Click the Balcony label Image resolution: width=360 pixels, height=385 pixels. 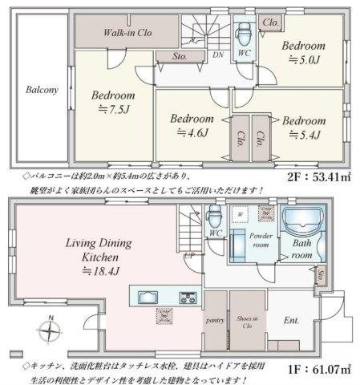click(41, 90)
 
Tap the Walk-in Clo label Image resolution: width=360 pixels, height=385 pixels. click(128, 34)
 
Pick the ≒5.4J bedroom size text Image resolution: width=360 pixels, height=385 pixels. click(303, 132)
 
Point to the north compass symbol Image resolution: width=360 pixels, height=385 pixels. click(50, 328)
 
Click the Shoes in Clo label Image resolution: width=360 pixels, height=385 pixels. click(247, 322)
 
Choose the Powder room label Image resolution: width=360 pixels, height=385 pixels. click(253, 241)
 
